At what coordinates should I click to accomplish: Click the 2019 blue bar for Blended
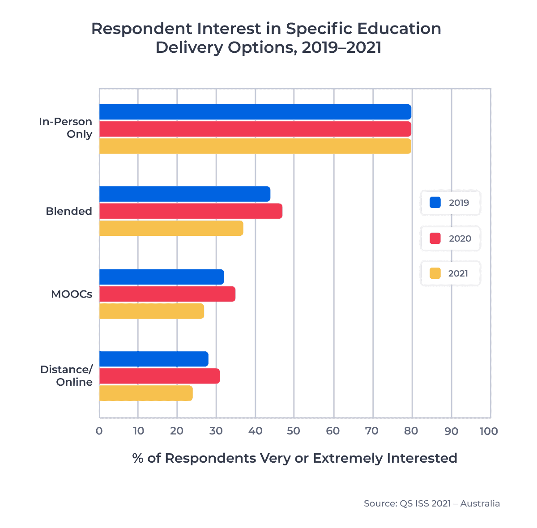pos(184,194)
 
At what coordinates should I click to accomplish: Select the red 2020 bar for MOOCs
pos(167,294)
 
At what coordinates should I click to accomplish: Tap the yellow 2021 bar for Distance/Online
pos(146,393)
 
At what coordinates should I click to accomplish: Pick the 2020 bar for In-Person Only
pos(255,129)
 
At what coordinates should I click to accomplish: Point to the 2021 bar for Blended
pos(171,228)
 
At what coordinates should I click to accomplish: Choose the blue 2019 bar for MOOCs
pos(161,277)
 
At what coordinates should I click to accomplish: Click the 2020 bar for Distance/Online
pos(159,376)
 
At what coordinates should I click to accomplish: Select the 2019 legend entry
pos(450,203)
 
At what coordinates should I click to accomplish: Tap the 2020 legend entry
pos(450,238)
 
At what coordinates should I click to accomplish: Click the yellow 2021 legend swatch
pos(435,273)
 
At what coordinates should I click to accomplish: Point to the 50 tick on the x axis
pos(294,431)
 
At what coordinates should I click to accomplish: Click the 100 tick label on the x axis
pos(488,431)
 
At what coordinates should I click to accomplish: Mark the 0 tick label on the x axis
pos(99,431)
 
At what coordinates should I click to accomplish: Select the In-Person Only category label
pos(66,128)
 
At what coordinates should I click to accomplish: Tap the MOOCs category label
pos(72,294)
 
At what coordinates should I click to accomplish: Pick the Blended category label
pos(69,211)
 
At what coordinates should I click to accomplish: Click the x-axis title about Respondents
pos(294,458)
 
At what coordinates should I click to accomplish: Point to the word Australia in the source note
pos(480,503)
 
